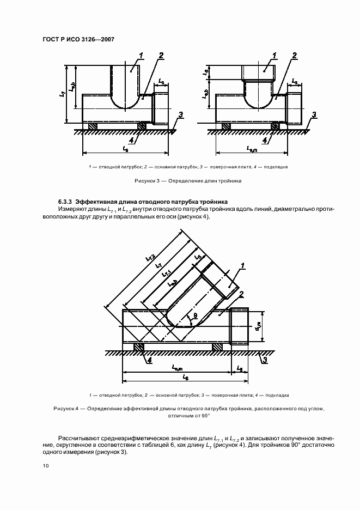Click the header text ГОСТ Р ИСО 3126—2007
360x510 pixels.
[78, 39]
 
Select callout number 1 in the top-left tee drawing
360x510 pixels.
[141, 55]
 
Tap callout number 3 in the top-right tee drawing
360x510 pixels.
[314, 114]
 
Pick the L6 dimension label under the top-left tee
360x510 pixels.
[125, 148]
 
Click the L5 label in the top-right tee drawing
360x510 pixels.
[295, 81]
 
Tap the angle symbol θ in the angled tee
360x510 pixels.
[188, 315]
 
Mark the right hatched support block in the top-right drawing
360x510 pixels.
[275, 126]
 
